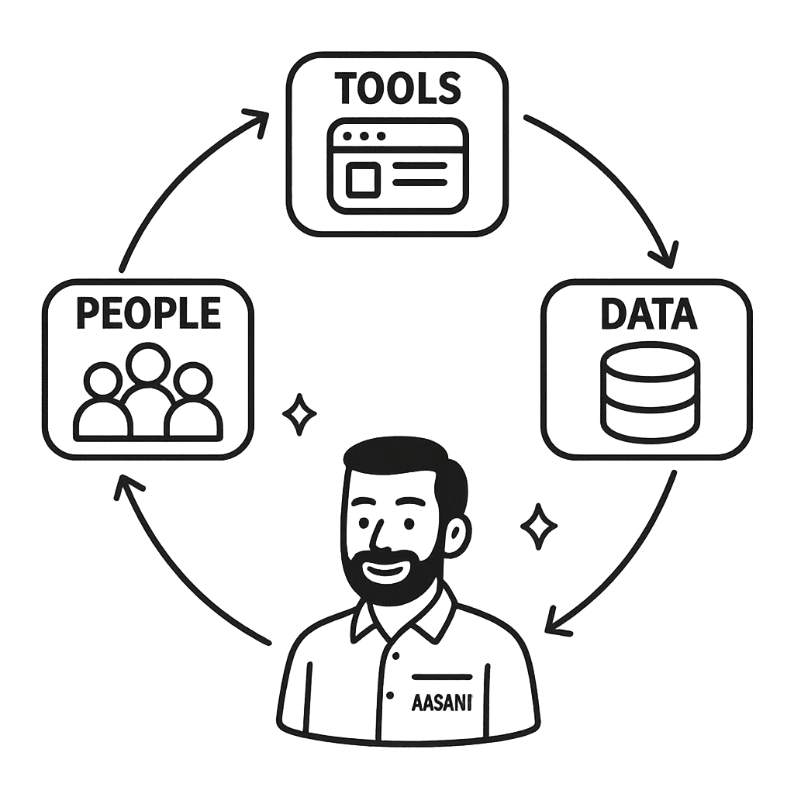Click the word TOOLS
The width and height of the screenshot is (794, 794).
(397, 88)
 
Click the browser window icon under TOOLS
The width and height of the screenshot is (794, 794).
(397, 165)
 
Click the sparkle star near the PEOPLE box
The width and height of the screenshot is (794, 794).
(298, 415)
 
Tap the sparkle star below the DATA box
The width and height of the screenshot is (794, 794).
(538, 526)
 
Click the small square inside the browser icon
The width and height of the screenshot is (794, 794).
(362, 180)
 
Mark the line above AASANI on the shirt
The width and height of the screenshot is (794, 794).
(442, 676)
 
